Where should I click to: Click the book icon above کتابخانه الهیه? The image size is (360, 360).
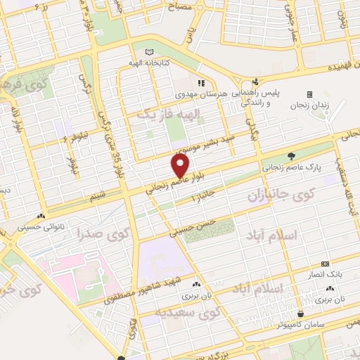[x=148, y=52]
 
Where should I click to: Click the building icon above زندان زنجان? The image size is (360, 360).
[x=309, y=94]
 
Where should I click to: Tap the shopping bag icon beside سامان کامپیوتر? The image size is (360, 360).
[x=301, y=314]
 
